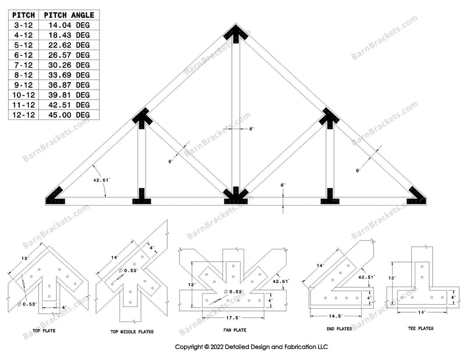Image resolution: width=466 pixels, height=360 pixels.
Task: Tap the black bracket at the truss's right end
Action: coord(416,195)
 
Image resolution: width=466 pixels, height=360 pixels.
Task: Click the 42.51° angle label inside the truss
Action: coord(101,181)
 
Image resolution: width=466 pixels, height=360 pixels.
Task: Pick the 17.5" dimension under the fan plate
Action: coord(234,317)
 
